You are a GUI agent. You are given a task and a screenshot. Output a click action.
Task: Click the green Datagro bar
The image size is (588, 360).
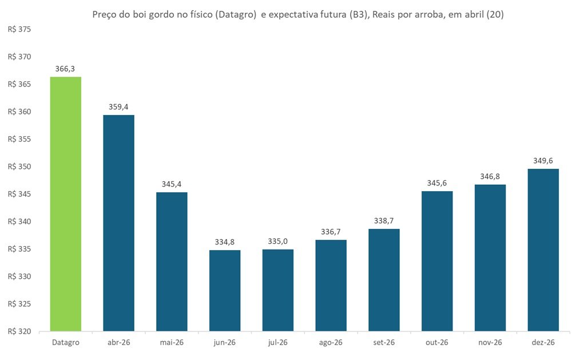pos(66,204)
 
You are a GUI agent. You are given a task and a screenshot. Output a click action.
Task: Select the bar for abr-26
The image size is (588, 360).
pos(118,223)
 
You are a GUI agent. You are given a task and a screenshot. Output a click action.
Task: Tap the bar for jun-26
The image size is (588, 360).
pos(225,291)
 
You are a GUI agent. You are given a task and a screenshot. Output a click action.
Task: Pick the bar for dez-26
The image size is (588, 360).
pos(543,250)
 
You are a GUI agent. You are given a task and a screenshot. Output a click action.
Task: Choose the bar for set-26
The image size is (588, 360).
pos(384,280)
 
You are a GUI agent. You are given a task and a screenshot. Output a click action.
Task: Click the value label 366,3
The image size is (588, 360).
pos(65,69)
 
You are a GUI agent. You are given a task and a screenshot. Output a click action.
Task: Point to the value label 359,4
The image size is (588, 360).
pos(118,107)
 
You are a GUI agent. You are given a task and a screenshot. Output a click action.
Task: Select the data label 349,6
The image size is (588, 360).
pos(543,161)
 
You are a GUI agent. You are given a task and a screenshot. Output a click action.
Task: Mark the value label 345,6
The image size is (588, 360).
pos(437,183)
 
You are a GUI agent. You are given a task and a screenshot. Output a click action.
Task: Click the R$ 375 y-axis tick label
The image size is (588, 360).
pos(19,30)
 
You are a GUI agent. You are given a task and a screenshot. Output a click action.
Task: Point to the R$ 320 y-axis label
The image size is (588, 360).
pos(19,331)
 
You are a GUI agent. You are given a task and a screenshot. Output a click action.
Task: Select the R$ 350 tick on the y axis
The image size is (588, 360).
pos(19,167)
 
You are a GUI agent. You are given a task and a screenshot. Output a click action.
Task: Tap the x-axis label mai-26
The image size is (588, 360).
pos(172,342)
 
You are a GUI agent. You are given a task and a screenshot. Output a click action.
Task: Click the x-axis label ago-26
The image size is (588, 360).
pos(331,342)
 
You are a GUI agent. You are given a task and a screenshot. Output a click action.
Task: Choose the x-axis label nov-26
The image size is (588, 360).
pos(490,342)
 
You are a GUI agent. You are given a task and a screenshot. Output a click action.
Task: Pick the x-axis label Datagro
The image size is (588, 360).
pos(65,342)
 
